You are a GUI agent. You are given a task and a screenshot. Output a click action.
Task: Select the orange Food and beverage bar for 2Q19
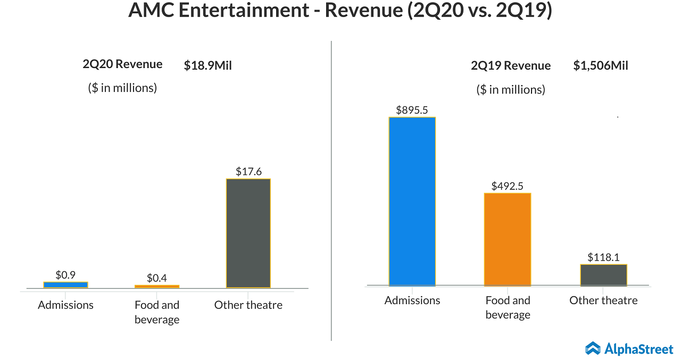[x=508, y=239]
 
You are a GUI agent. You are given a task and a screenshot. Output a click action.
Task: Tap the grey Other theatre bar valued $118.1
[x=603, y=275]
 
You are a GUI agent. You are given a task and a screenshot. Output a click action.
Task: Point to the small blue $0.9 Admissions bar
[x=65, y=284]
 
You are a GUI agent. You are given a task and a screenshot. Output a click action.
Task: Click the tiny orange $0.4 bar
[x=157, y=286]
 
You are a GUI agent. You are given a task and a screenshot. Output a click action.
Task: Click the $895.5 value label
[x=412, y=110]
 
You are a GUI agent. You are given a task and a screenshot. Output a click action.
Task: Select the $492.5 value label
[x=508, y=186]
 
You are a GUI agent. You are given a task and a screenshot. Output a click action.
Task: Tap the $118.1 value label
[x=603, y=257]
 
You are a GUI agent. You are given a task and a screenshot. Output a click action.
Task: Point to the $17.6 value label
[x=248, y=172]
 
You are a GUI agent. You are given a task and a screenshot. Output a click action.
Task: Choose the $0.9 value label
[x=65, y=275]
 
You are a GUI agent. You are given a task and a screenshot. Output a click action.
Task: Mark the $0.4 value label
[x=157, y=278]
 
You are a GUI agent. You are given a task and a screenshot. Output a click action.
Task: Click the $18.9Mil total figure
[x=208, y=65]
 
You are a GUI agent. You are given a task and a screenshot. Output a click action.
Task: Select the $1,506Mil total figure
[x=601, y=66]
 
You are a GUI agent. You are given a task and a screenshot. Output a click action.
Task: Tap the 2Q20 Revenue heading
[x=122, y=64]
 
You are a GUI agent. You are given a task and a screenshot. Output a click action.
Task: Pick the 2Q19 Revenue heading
[x=511, y=66]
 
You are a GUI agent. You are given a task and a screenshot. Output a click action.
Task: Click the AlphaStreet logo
[x=629, y=348]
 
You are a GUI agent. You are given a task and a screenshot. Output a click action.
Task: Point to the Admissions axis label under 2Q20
[x=65, y=305]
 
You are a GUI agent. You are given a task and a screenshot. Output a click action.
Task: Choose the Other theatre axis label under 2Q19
[x=603, y=300]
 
